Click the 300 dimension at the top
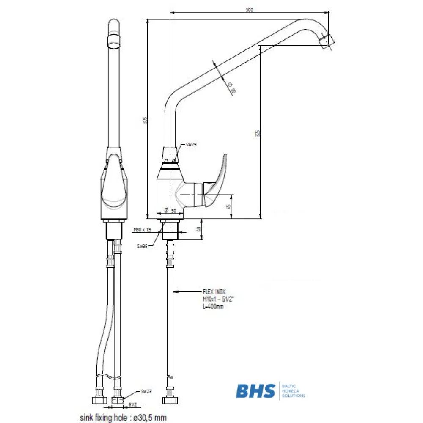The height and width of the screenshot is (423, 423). click(x=249, y=10)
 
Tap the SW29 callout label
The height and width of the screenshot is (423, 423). click(x=191, y=144)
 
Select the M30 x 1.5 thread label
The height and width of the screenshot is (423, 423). click(x=142, y=230)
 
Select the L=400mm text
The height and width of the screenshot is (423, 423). click(x=213, y=306)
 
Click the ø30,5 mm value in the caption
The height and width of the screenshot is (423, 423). click(x=149, y=418)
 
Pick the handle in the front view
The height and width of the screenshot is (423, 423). click(x=113, y=182)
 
